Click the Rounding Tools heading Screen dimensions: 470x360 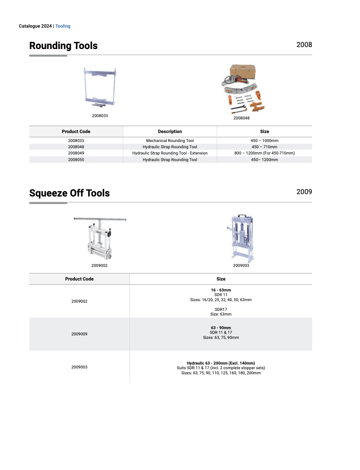click(x=63, y=46)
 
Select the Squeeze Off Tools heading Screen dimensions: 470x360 click(x=69, y=193)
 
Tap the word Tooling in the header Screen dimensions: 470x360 click(x=63, y=26)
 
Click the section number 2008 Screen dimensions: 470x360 click(x=304, y=45)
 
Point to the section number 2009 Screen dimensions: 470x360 click(x=304, y=192)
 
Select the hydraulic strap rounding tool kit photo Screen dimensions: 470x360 click(x=241, y=89)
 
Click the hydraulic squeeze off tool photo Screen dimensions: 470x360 click(x=241, y=238)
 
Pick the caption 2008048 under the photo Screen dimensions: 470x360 click(x=241, y=118)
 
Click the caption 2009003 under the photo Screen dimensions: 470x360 click(x=241, y=265)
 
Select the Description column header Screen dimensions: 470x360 click(x=170, y=132)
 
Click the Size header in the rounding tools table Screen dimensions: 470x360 click(x=264, y=132)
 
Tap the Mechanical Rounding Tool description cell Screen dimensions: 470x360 click(x=170, y=140)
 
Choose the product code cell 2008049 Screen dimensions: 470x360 click(x=76, y=153)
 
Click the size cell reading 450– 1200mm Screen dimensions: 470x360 click(x=264, y=160)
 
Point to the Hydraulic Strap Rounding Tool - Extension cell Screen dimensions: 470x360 click(x=170, y=153)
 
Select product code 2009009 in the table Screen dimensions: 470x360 click(x=79, y=334)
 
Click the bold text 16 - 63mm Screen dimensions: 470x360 click(x=221, y=290)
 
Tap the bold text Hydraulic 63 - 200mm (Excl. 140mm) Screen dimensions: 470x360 click(x=221, y=363)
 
